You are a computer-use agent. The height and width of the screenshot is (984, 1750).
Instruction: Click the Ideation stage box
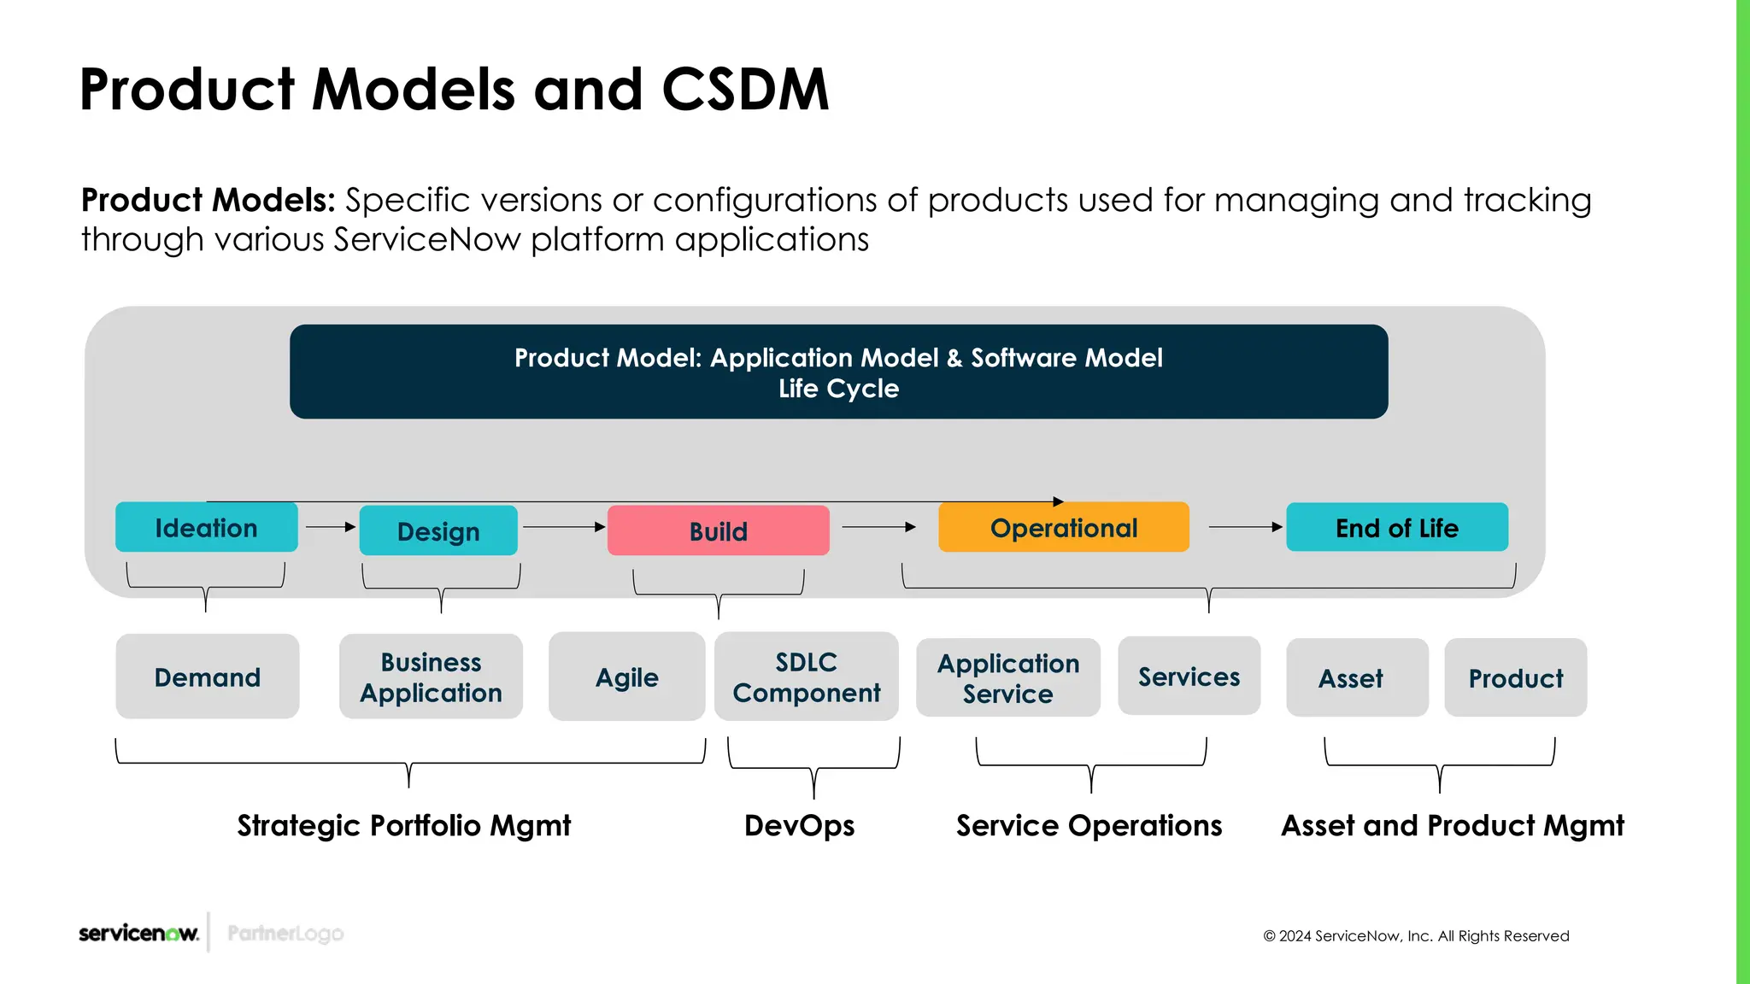coord(206,528)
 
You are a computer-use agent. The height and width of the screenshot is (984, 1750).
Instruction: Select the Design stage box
coord(438,531)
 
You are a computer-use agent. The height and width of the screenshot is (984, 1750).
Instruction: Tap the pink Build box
coord(718,531)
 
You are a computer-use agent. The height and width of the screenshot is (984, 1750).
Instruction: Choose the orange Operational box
coord(1063,528)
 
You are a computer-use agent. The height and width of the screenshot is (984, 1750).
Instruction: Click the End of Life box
coord(1396,528)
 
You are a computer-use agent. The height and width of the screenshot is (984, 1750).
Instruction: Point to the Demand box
coord(208,677)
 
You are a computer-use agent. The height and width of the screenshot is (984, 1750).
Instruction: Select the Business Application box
coord(431,677)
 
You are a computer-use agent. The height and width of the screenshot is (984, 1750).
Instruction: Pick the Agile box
coord(626,677)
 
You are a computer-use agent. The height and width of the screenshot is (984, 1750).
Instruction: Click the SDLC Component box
coord(806,677)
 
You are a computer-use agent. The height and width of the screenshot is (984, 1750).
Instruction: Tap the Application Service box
coord(1007,678)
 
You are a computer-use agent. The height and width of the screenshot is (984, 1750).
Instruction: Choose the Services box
coord(1189,676)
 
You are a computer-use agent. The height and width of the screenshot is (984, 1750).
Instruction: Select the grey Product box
coord(1515,678)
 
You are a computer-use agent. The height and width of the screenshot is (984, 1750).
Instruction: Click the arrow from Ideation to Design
coord(330,527)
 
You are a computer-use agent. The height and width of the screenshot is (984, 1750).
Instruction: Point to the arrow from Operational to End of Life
coord(1245,527)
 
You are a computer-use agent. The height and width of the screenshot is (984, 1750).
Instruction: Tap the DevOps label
coord(799,826)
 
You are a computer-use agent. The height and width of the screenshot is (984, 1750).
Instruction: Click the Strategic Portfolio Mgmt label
coord(403,826)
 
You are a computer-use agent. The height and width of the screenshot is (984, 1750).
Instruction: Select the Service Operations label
coord(1089,826)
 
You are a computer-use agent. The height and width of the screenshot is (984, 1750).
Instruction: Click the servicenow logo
coord(138,933)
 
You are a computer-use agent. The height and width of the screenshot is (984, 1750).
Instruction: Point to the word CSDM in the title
coord(744,90)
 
